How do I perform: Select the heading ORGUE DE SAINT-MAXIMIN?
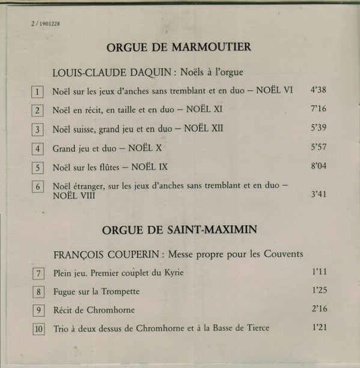tap(178, 230)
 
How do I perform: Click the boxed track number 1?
tap(38, 92)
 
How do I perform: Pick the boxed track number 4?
tap(38, 148)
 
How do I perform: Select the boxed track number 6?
tap(38, 187)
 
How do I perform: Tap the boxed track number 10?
tap(38, 329)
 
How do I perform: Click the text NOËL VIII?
tap(73, 196)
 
